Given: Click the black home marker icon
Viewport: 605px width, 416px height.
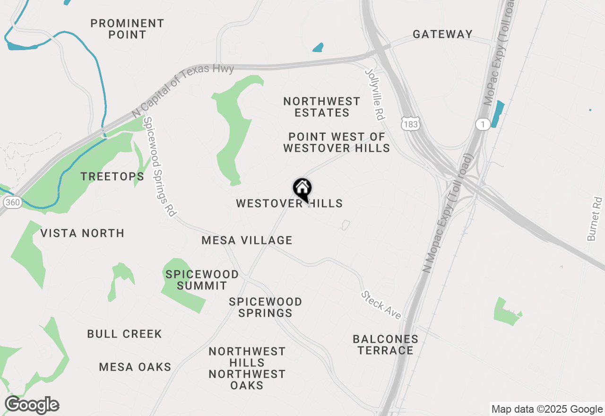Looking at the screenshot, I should click(x=302, y=189).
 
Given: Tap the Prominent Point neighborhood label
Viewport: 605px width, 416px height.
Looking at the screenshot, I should click(x=127, y=29).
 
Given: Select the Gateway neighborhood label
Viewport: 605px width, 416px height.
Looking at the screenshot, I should click(x=442, y=34).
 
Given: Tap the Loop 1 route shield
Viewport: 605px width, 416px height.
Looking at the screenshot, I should click(x=482, y=124).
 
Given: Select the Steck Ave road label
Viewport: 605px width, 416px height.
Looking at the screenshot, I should click(x=381, y=305).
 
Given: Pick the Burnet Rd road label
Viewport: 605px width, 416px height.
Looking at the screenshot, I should click(x=595, y=219).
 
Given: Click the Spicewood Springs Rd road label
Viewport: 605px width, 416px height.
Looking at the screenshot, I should click(x=159, y=167).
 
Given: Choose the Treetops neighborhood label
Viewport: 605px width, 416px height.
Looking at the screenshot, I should click(x=112, y=177).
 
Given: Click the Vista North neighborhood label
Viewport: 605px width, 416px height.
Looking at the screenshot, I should click(x=82, y=233).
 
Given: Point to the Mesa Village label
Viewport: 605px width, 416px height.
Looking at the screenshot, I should click(x=247, y=240).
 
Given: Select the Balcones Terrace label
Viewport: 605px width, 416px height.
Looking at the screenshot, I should click(x=385, y=345).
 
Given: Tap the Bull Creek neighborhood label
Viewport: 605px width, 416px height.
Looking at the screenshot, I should click(x=124, y=334).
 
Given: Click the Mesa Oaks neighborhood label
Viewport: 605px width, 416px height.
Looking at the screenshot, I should click(x=135, y=367).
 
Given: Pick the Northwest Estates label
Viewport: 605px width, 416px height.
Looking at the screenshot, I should click(x=322, y=107).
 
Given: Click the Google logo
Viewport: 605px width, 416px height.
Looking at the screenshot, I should click(x=32, y=405).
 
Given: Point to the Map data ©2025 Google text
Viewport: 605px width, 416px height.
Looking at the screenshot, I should click(x=547, y=409).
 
